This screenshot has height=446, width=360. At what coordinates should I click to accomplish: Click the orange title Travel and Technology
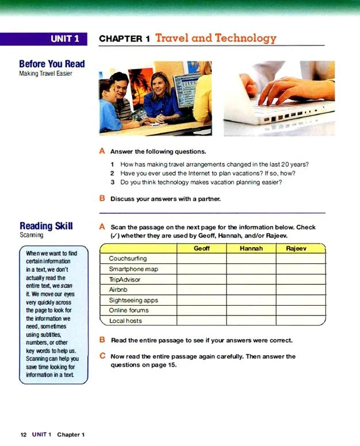click(x=216, y=39)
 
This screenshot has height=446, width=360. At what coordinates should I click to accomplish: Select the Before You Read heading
click(x=52, y=64)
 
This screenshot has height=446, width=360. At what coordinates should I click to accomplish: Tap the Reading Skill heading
click(x=46, y=226)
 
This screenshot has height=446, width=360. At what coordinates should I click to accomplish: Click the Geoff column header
click(x=201, y=248)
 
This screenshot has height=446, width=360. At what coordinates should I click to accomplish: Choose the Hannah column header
click(x=251, y=248)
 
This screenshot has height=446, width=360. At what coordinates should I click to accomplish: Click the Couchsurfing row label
click(x=128, y=259)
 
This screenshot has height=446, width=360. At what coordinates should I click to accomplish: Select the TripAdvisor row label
click(x=125, y=279)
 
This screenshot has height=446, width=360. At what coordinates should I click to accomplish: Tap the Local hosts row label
click(x=125, y=321)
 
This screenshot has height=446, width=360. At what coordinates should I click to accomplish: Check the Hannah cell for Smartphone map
click(x=251, y=269)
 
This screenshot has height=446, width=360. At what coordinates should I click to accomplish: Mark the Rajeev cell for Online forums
click(x=300, y=310)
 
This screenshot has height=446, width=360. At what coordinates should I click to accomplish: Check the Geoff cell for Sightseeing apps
click(x=201, y=300)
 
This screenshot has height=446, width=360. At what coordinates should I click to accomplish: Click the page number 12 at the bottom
click(x=24, y=435)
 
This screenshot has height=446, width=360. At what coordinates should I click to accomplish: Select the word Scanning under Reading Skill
click(x=31, y=235)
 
